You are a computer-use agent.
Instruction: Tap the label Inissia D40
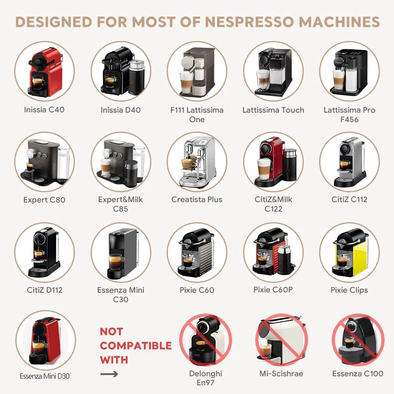[121, 110]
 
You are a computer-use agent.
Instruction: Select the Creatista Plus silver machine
[197, 162]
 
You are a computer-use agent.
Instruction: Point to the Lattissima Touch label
[273, 110]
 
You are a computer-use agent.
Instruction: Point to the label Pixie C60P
[273, 290]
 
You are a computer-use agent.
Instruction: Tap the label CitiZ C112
[349, 199]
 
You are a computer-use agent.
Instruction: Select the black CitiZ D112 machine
[44, 252]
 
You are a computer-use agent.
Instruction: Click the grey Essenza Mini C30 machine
[121, 252]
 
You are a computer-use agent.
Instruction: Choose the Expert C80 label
[44, 200]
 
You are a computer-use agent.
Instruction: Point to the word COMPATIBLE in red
[136, 346]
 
